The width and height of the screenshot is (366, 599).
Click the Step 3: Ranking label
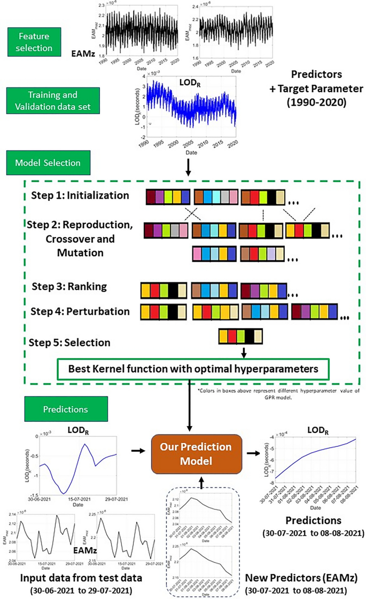(x=69, y=287)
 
